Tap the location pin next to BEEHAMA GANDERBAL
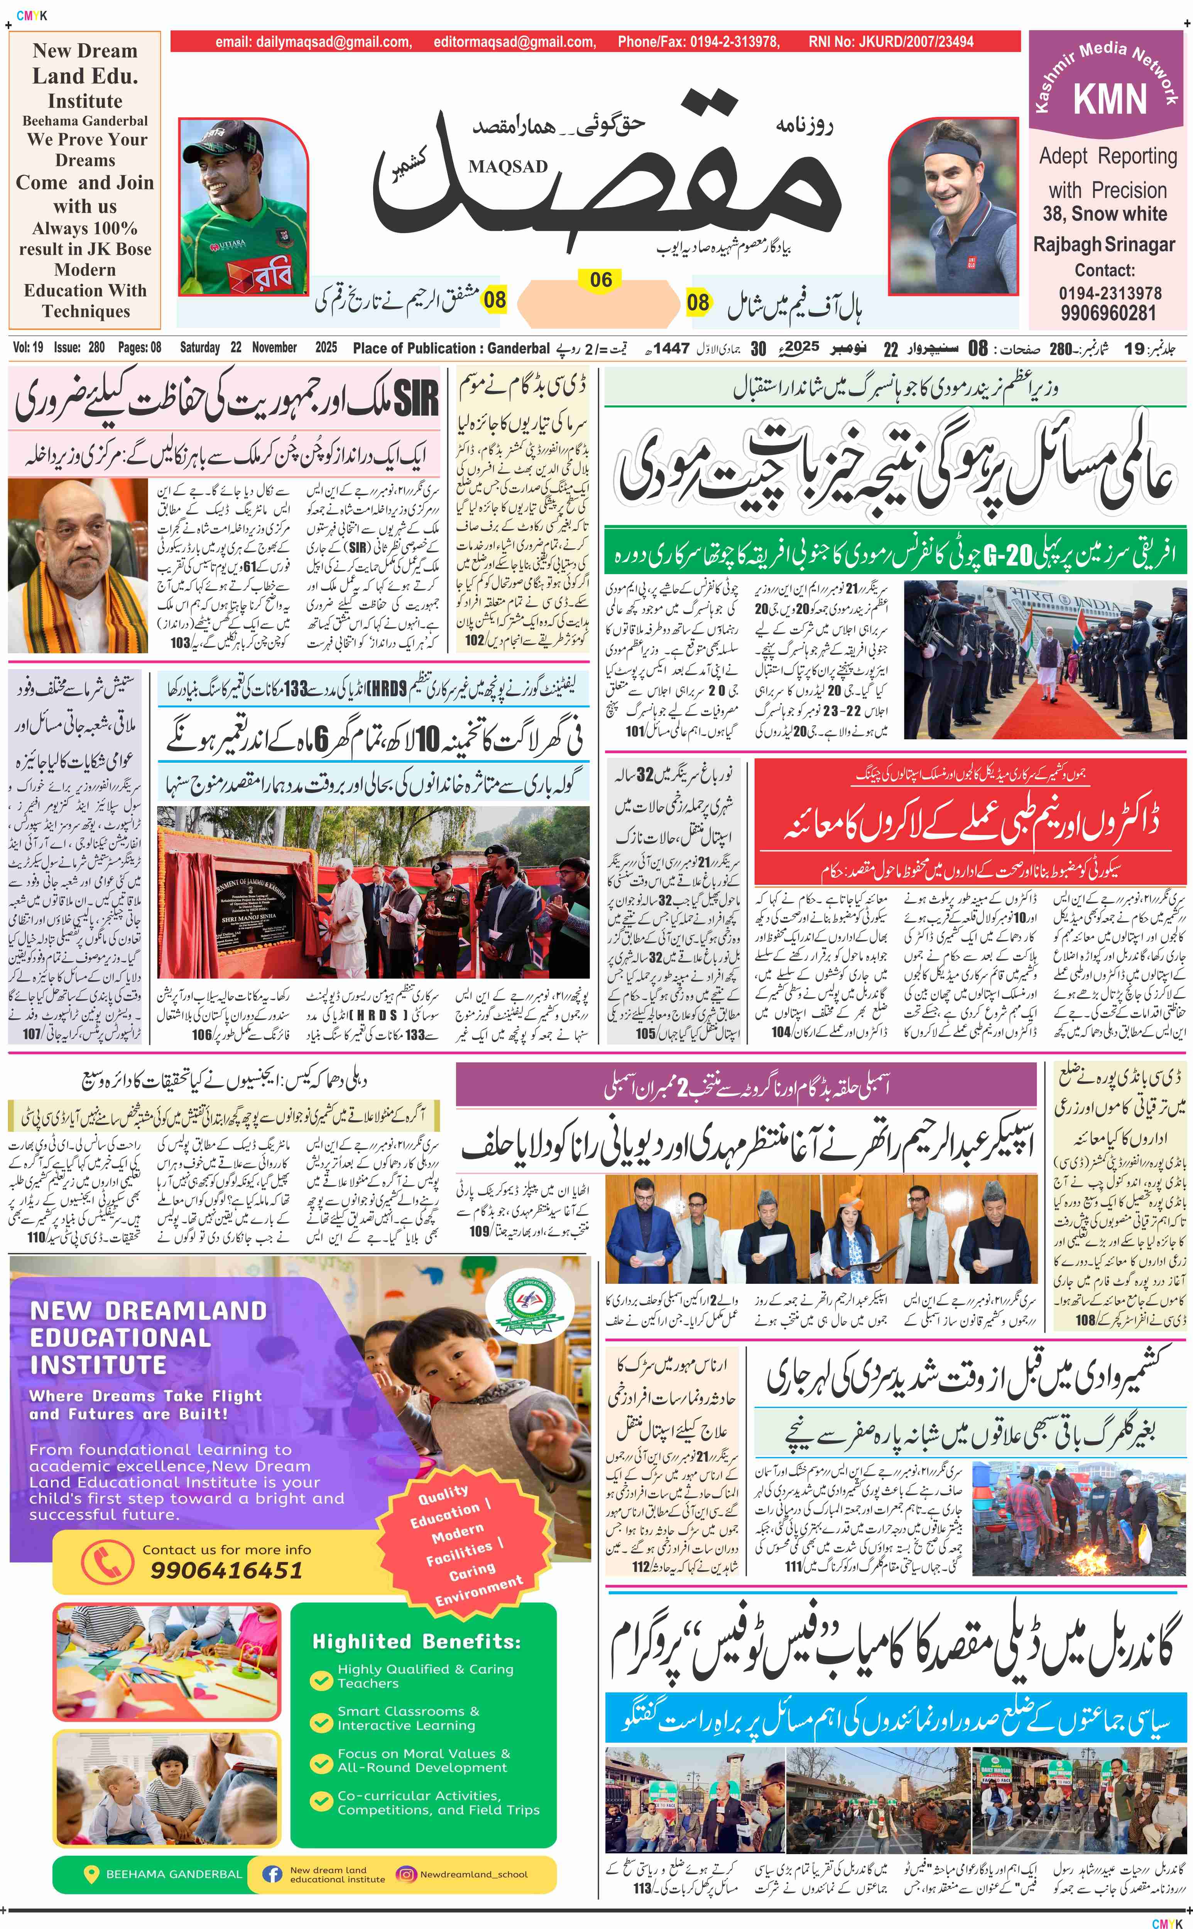click(x=91, y=1874)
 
